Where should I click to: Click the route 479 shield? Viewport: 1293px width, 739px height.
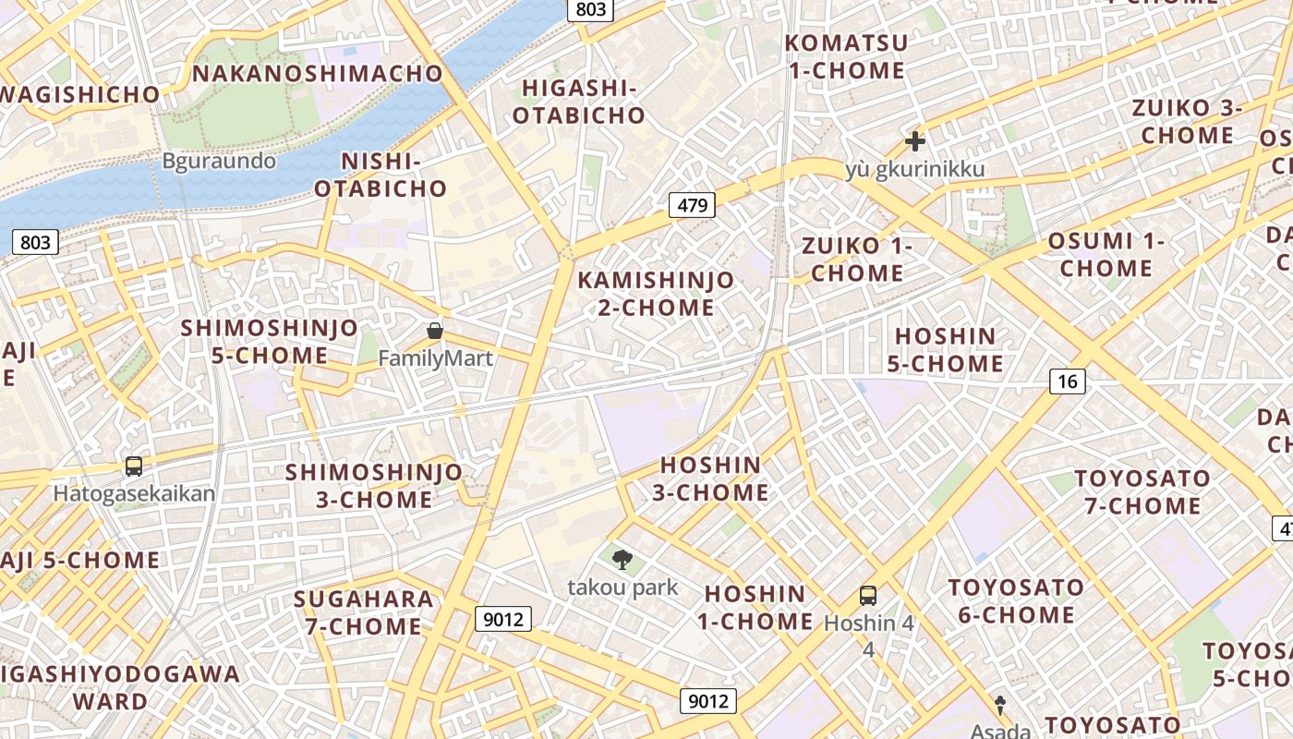click(x=692, y=205)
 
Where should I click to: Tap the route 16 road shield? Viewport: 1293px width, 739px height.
click(x=1068, y=381)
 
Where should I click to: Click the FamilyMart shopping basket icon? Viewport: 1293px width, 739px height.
click(x=435, y=331)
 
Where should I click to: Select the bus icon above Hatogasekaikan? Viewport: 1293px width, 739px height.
click(x=134, y=466)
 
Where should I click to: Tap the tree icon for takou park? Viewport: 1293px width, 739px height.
click(x=622, y=559)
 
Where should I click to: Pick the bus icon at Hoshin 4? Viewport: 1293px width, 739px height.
click(x=868, y=596)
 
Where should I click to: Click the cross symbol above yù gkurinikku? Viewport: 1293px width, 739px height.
click(x=915, y=141)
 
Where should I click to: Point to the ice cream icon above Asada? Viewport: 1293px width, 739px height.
click(x=999, y=705)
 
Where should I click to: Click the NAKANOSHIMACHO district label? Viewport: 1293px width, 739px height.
click(x=319, y=73)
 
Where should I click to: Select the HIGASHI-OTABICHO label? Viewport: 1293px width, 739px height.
click(x=579, y=102)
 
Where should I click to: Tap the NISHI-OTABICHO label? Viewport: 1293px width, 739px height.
click(x=381, y=175)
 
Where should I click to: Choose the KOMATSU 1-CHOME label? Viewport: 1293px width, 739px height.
click(x=845, y=56)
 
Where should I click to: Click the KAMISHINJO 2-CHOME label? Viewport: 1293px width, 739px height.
click(x=657, y=294)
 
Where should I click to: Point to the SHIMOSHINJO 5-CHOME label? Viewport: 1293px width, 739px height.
click(x=269, y=342)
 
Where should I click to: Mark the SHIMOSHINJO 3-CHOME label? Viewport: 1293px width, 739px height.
click(x=373, y=486)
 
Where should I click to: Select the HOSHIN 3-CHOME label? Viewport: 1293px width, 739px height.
click(x=711, y=479)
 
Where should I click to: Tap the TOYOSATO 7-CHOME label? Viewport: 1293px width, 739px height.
click(x=1142, y=492)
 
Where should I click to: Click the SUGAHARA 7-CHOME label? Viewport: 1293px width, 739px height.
click(x=363, y=612)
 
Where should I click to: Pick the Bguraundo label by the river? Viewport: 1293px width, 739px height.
click(x=219, y=161)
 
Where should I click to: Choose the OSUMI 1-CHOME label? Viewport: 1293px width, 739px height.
click(x=1106, y=255)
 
